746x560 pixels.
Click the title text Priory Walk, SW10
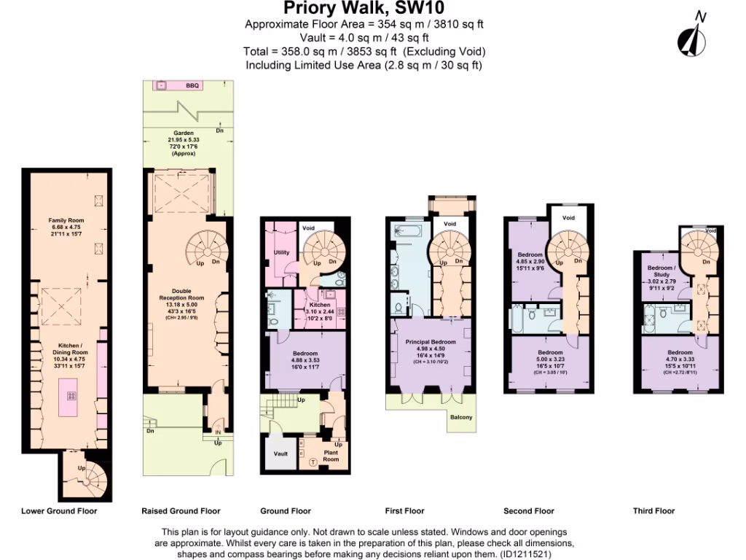pyautogui.click(x=364, y=9)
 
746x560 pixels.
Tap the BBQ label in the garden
pyautogui.click(x=192, y=86)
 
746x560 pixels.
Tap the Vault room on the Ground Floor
pyautogui.click(x=280, y=454)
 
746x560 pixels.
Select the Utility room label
pyautogui.click(x=281, y=253)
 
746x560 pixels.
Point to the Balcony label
pyautogui.click(x=460, y=417)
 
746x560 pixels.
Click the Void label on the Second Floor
pyautogui.click(x=569, y=218)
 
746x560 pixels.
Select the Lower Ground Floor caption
pyautogui.click(x=59, y=511)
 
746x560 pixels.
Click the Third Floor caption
pyautogui.click(x=653, y=511)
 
